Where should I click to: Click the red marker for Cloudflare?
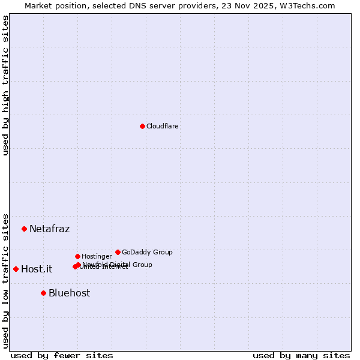(x=142, y=126)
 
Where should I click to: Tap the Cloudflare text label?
(x=163, y=127)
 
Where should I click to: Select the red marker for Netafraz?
(x=24, y=229)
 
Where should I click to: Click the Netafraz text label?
(x=50, y=229)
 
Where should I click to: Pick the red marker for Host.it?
(x=16, y=269)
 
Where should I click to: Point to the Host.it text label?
(x=37, y=269)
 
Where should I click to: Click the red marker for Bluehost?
(x=43, y=293)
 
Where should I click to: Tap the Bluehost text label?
(x=70, y=293)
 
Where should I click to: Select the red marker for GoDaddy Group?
(x=118, y=252)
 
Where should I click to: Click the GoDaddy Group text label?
(x=147, y=253)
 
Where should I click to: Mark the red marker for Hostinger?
(x=77, y=256)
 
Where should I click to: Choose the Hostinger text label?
(x=97, y=257)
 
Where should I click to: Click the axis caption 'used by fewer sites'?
(x=62, y=356)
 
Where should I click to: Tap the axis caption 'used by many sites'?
(x=301, y=356)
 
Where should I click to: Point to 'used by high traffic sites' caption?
(x=6, y=85)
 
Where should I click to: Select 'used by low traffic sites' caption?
(x=6, y=280)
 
